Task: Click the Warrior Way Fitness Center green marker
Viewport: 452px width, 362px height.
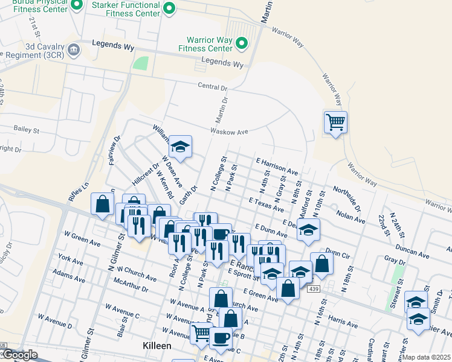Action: [x=242, y=43]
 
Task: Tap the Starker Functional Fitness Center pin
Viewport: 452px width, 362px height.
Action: [x=170, y=8]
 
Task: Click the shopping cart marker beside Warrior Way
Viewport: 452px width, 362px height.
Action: [x=335, y=122]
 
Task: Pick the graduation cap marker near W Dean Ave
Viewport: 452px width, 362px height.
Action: [x=179, y=147]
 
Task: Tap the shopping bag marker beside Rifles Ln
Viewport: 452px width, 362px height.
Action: [x=102, y=204]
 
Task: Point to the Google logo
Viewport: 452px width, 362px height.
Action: [x=19, y=355]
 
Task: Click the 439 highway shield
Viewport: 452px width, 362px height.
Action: [x=313, y=290]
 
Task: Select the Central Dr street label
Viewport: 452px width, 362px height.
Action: [x=212, y=86]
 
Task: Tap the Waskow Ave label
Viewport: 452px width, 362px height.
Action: [x=230, y=132]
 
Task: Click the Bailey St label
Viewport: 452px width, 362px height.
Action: [x=27, y=130]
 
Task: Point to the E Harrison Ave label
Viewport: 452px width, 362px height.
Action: [x=277, y=166]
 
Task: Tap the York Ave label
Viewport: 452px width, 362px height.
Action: [x=71, y=261]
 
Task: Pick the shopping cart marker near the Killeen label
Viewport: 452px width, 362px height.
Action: [x=200, y=332]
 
